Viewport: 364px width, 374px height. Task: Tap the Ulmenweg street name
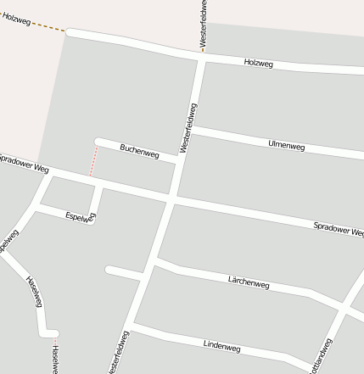tap(286, 146)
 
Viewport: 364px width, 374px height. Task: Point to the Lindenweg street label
tap(222, 346)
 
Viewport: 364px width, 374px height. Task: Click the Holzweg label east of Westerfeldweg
tap(258, 64)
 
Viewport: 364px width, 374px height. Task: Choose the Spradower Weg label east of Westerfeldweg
tap(338, 228)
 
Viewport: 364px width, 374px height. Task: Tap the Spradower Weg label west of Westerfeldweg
tap(24, 164)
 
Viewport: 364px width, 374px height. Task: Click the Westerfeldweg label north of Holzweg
tap(204, 23)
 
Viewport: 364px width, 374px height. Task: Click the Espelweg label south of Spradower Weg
tap(81, 217)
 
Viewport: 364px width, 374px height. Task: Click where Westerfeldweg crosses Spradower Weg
tap(172, 198)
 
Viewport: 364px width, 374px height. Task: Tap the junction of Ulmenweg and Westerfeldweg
tap(192, 129)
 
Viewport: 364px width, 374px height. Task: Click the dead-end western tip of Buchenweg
tap(98, 141)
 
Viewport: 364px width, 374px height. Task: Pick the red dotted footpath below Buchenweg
tap(92, 161)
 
